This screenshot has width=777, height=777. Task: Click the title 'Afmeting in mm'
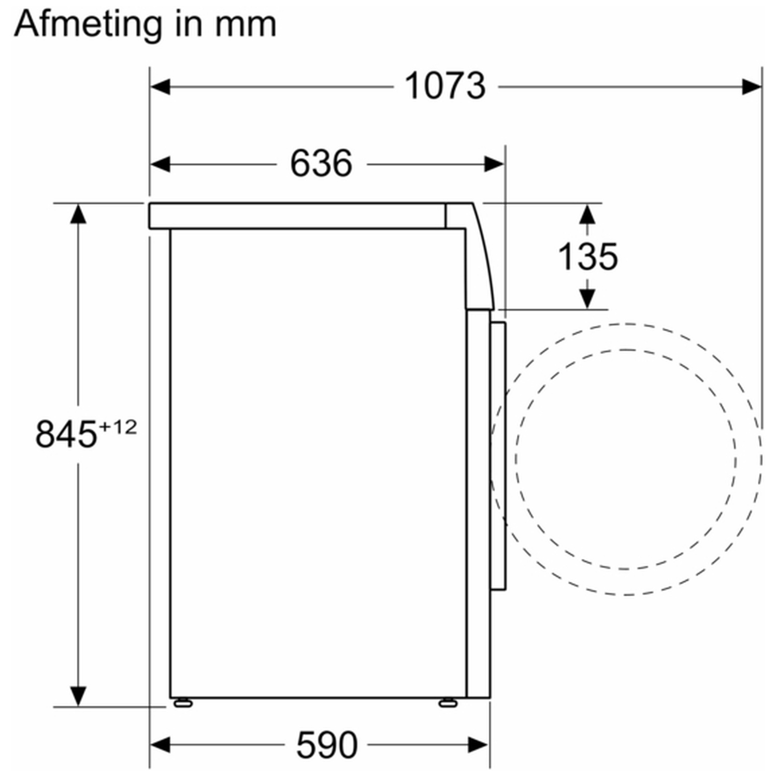(145, 25)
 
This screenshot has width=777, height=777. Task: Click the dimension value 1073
(445, 86)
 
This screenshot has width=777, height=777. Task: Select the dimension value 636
(321, 164)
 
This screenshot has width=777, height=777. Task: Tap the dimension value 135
(588, 256)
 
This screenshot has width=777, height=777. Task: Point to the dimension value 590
(327, 745)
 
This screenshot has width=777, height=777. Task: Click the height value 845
(66, 434)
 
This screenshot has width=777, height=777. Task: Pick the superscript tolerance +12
(118, 427)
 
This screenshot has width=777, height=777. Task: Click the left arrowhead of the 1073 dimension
(160, 87)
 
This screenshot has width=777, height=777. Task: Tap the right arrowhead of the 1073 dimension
(752, 87)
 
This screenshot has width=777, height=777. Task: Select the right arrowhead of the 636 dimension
(494, 164)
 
